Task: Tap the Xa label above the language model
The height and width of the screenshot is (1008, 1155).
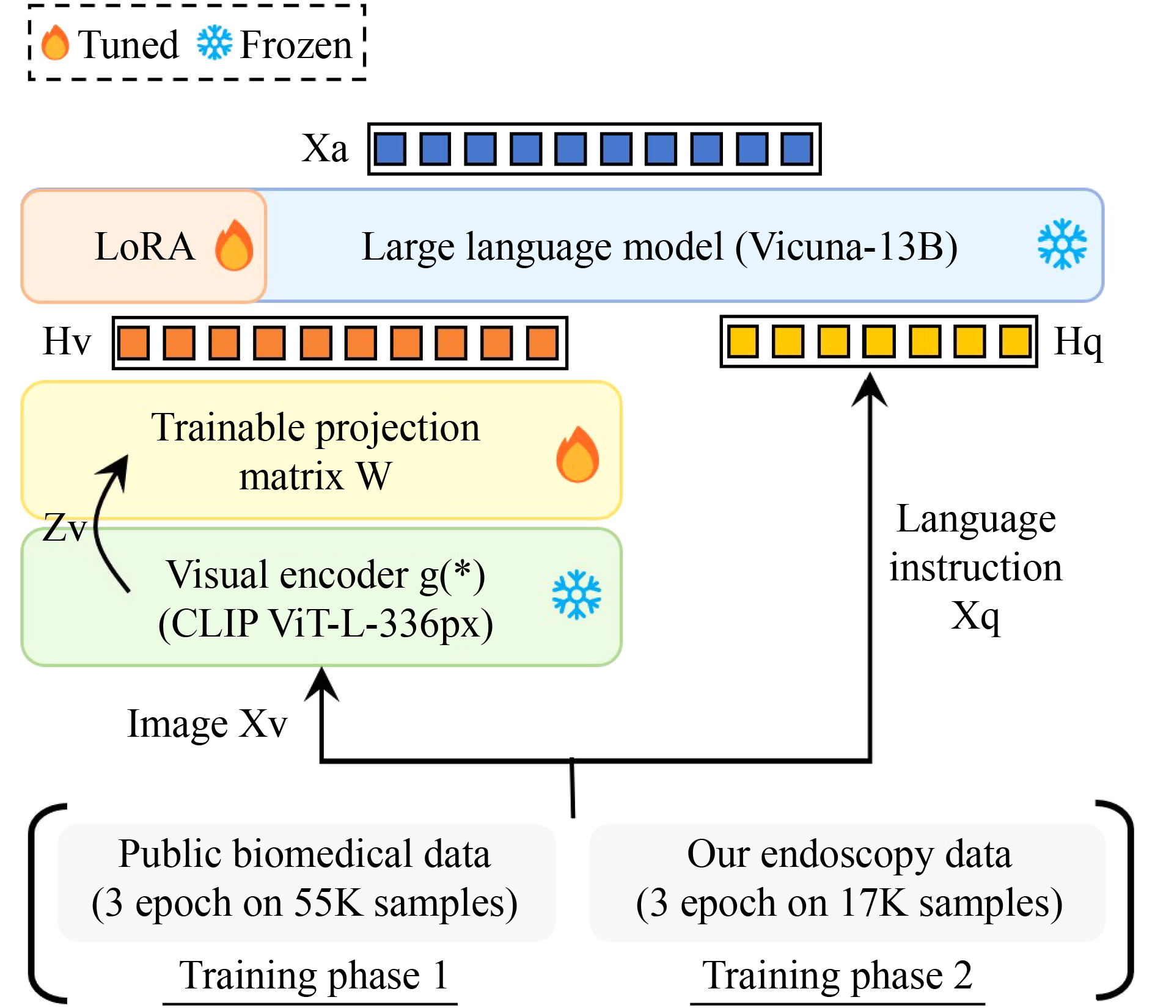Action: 324,148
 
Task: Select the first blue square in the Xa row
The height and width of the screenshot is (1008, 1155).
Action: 390,149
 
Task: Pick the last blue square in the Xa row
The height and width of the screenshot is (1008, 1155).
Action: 797,149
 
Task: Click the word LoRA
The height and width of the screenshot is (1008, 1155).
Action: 145,246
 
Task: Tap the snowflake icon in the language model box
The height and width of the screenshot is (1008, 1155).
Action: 1062,244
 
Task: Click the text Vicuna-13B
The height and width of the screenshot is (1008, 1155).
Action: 846,247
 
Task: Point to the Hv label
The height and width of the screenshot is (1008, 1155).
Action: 67,341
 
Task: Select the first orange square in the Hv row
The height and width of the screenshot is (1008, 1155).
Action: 134,343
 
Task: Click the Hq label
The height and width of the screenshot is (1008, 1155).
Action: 1078,341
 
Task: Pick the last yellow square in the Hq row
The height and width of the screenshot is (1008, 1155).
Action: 1015,341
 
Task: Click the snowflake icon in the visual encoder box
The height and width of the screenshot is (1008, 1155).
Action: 576,594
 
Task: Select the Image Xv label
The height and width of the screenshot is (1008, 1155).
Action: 207,724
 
